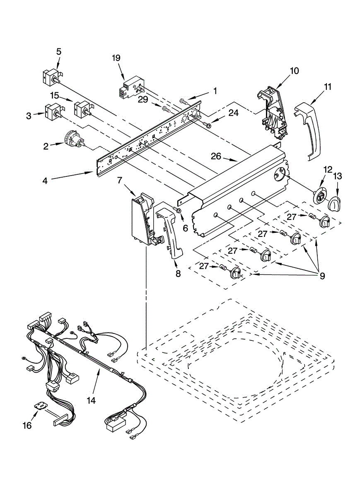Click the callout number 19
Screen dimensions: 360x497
click(x=116, y=58)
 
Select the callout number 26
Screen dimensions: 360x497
click(x=216, y=157)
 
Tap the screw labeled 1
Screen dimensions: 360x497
click(x=183, y=101)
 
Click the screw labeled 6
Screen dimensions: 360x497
click(x=178, y=210)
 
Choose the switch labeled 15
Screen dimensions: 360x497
click(x=83, y=109)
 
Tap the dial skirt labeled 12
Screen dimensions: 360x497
click(x=320, y=196)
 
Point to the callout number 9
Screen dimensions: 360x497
click(x=321, y=276)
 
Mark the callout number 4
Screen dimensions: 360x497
click(x=45, y=181)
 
